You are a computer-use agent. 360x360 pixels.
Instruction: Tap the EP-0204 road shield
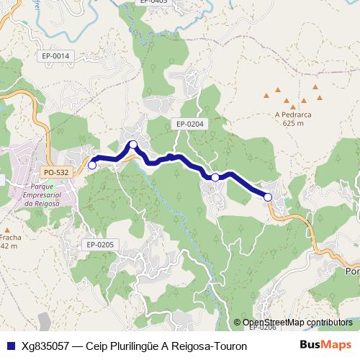point(190,124)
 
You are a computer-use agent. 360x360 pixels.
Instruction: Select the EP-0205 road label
point(100,245)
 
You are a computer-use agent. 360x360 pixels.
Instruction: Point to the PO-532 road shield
point(55,172)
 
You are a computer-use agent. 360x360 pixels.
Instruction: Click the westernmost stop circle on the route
point(91,165)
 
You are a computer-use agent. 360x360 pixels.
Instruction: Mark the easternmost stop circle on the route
point(268,197)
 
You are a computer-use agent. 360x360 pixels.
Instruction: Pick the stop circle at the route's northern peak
point(133,144)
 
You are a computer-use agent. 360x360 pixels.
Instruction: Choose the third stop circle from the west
point(215,177)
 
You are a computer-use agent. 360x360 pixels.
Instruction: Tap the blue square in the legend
point(10,346)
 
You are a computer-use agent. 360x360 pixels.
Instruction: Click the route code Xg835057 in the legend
point(46,346)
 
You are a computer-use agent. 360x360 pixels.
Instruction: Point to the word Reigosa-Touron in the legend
point(212,346)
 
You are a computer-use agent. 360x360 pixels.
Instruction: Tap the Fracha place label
point(10,237)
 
